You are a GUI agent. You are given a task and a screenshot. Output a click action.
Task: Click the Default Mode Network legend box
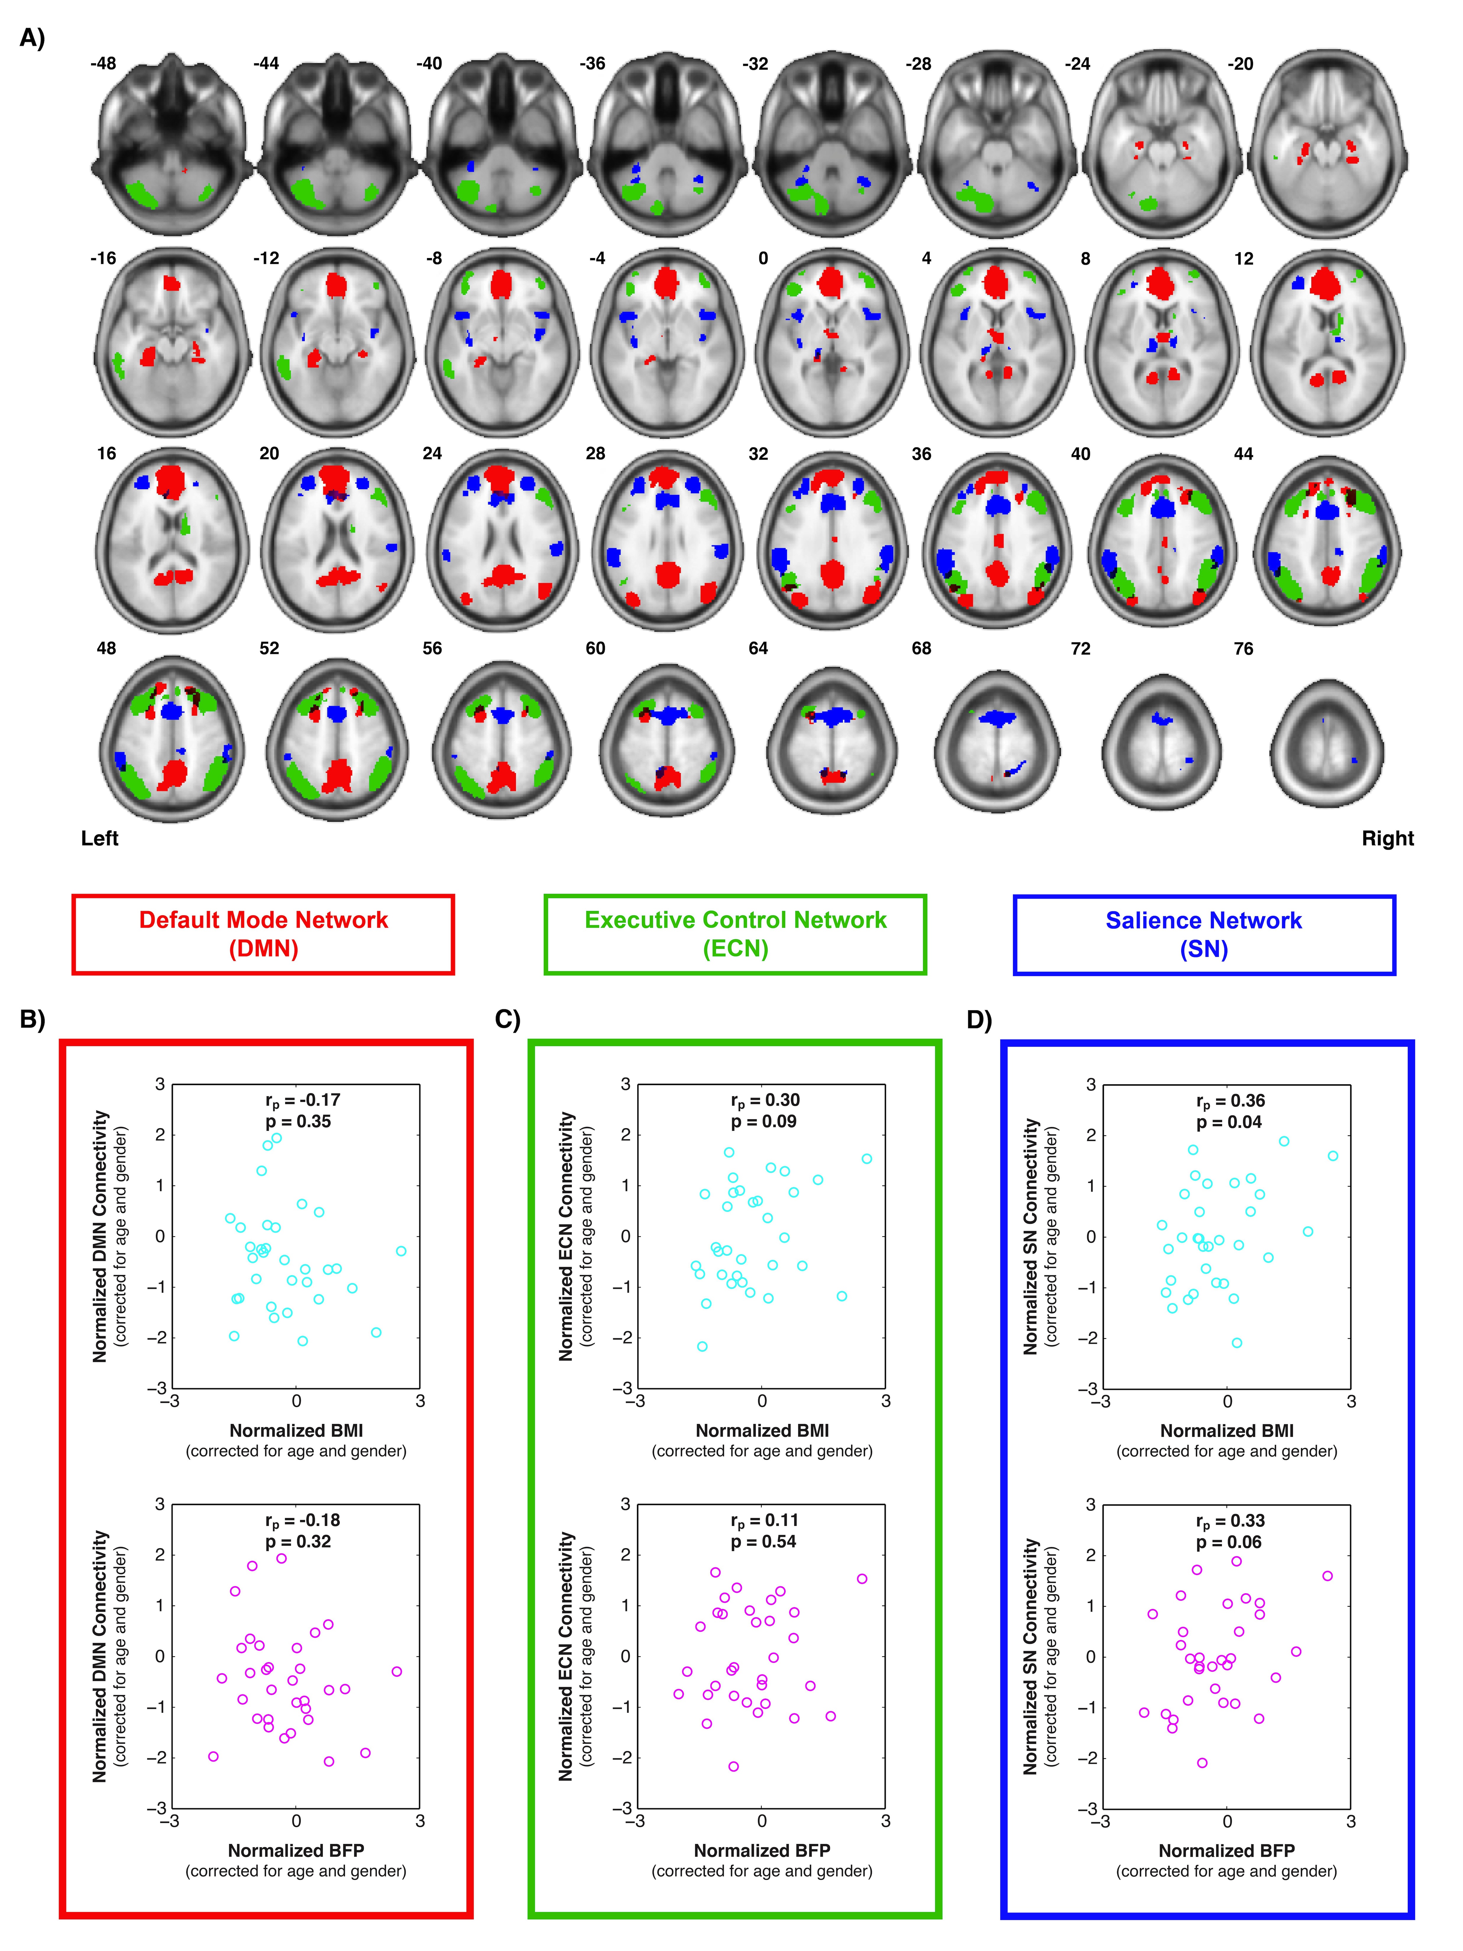click(x=263, y=934)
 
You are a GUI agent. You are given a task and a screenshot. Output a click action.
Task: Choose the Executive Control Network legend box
click(x=735, y=934)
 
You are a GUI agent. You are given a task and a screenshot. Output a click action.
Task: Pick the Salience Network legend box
click(x=1204, y=934)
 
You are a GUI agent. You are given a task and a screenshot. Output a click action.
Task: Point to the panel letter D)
click(x=980, y=1020)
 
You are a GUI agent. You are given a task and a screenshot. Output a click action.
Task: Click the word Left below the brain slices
click(x=100, y=838)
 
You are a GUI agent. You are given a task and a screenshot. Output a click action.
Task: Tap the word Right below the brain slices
click(x=1387, y=838)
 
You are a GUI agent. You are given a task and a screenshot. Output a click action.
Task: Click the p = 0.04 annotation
click(x=1228, y=1122)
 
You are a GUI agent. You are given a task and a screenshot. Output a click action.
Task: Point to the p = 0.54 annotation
click(x=763, y=1542)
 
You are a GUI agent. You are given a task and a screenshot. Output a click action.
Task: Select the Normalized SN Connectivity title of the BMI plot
click(x=1030, y=1237)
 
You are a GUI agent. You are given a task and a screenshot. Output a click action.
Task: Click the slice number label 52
click(x=269, y=648)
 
